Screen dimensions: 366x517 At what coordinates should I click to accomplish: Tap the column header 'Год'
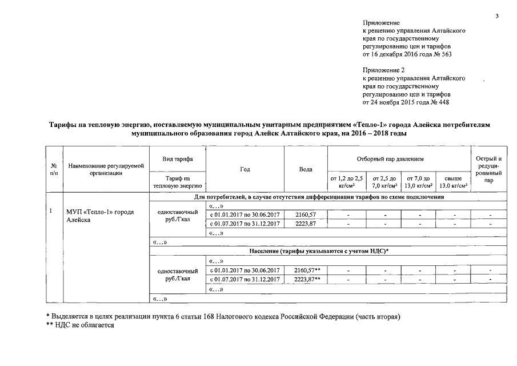point(245,169)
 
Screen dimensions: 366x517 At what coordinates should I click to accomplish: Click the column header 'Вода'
point(306,169)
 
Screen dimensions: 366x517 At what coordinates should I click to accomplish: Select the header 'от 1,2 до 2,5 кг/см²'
point(347,182)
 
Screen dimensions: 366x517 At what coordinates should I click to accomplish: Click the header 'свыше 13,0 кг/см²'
point(453,182)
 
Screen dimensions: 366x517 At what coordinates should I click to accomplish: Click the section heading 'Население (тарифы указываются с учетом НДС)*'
point(319,251)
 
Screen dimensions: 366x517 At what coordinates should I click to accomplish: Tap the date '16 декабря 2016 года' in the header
point(400,54)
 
